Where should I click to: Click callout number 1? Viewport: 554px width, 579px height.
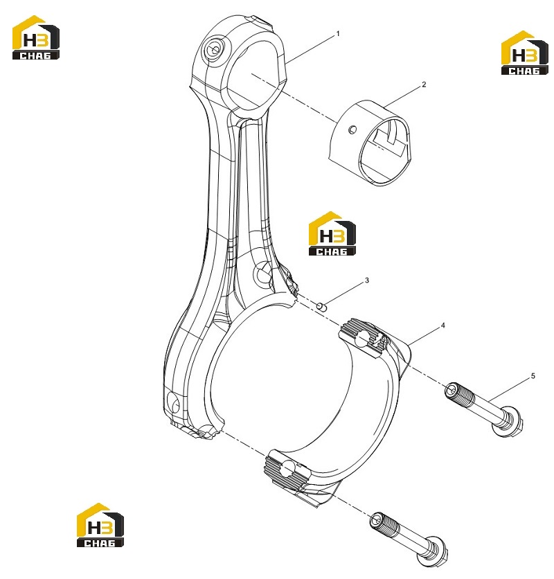[337, 34]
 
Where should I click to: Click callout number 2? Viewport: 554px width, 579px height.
[424, 84]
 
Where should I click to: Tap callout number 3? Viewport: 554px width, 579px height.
[367, 280]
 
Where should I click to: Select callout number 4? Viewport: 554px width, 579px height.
[443, 326]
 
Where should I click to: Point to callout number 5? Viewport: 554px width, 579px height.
[533, 376]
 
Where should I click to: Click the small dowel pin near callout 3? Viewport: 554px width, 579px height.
[322, 306]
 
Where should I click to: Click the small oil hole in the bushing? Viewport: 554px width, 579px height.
[352, 130]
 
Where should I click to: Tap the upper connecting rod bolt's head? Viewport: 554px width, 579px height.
[508, 421]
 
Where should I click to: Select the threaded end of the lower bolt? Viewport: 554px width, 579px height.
[384, 524]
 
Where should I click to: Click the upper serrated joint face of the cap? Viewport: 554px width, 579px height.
[364, 338]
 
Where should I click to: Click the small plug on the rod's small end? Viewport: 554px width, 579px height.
[213, 49]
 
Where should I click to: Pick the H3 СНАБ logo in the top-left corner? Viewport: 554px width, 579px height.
[36, 37]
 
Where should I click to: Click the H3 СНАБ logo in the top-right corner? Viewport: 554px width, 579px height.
[524, 53]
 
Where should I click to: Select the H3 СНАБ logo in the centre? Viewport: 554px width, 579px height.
[332, 233]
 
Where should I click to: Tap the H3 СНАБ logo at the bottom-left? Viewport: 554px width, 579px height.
[100, 525]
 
